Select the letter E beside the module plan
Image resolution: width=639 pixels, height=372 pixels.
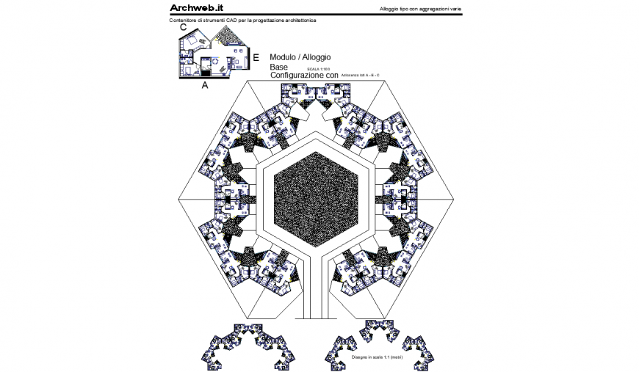coord(256,57)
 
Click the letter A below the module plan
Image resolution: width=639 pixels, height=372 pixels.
coord(205,85)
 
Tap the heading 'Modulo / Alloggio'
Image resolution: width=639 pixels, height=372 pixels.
coord(300,56)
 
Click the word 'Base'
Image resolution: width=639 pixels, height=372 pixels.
coord(279,67)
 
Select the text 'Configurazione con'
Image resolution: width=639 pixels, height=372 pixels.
coord(304,76)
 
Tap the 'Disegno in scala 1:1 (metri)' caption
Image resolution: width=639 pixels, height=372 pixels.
coord(378,357)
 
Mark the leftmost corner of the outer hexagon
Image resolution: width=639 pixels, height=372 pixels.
coord(180,199)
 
